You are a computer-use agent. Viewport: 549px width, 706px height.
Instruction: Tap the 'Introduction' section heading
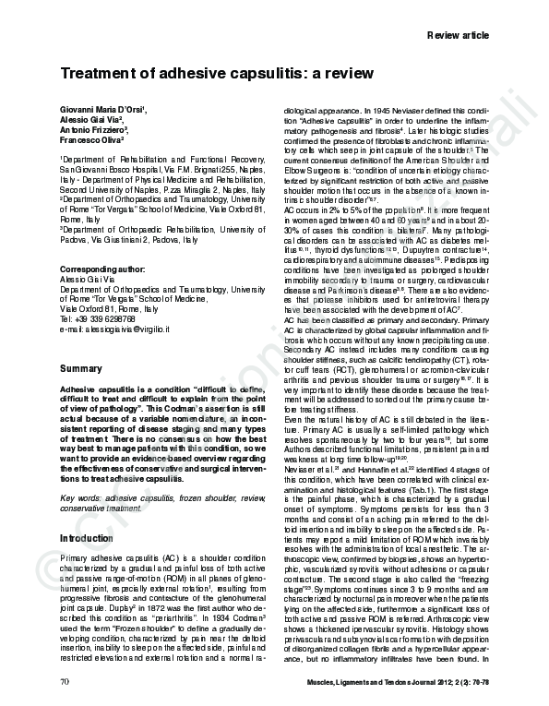[x=86, y=538]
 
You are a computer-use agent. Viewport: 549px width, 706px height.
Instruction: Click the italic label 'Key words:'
[x=79, y=497]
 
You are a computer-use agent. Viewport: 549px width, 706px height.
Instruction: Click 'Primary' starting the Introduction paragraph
[x=76, y=560]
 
